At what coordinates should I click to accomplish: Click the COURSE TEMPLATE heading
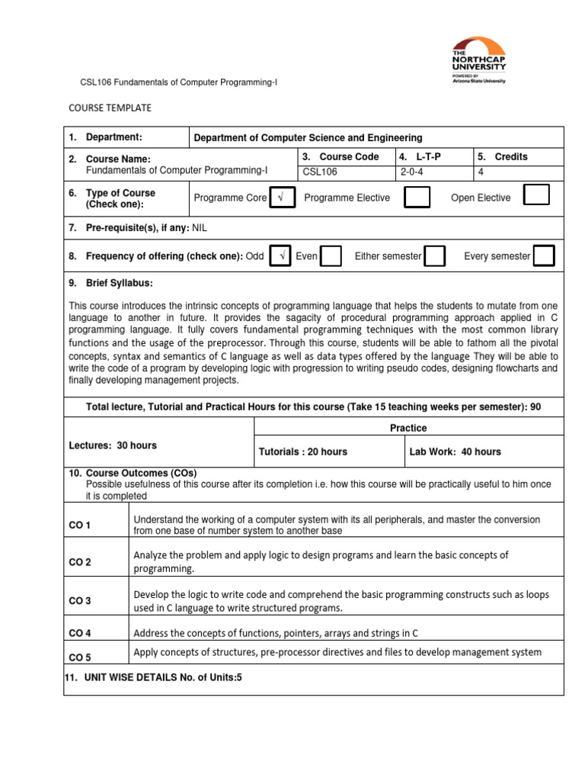110,108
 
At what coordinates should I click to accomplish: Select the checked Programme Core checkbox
282,198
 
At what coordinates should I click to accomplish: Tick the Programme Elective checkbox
416,197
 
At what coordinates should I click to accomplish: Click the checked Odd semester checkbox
281,256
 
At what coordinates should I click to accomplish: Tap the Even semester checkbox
331,256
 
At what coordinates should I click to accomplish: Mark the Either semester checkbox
435,256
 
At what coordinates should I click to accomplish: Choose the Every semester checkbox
544,256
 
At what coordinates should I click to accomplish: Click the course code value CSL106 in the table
320,172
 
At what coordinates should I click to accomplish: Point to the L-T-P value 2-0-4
414,172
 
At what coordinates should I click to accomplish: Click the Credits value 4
481,172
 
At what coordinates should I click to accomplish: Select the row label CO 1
80,525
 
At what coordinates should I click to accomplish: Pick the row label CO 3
80,601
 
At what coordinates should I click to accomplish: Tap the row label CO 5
80,657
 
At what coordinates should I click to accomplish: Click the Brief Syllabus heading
110,283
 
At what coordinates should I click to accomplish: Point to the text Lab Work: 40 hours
455,452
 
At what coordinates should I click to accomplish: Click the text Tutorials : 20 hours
303,452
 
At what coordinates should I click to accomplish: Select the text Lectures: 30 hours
113,445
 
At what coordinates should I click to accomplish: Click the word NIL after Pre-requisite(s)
200,227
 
